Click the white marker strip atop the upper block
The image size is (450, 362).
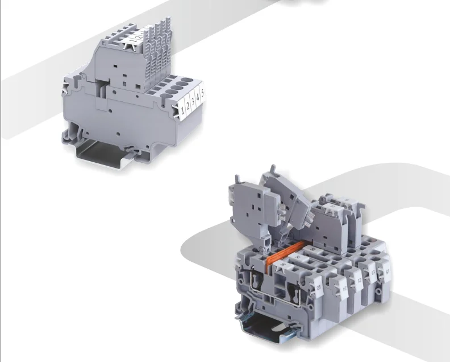coord(136,40)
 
